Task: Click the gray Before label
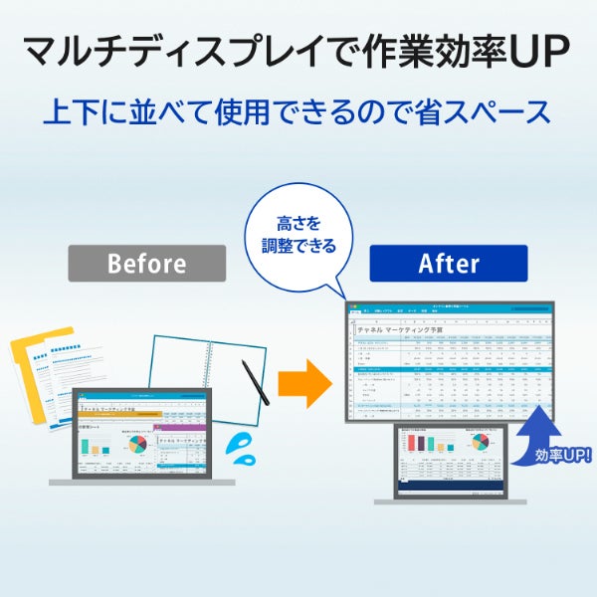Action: (x=146, y=264)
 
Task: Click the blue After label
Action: (x=449, y=264)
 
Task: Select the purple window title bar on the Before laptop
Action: (x=180, y=427)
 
